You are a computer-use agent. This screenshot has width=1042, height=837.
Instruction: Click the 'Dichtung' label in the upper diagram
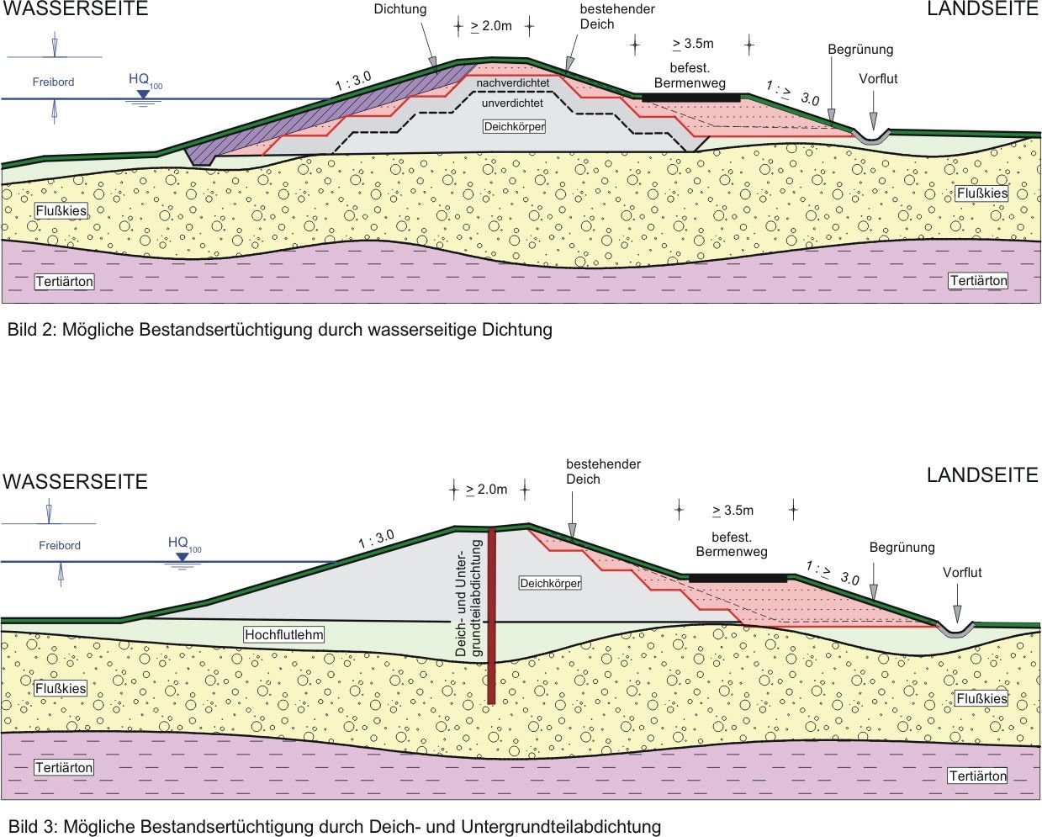400,9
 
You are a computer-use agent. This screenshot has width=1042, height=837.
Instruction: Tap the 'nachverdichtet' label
512,84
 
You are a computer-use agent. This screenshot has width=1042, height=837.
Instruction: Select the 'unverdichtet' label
512,103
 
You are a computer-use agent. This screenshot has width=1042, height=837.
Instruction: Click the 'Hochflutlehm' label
284,634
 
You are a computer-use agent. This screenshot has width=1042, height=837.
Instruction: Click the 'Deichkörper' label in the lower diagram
550,583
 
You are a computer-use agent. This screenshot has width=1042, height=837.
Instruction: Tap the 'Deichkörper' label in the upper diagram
515,127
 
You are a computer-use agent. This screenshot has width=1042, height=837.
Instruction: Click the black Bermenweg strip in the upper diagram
691,98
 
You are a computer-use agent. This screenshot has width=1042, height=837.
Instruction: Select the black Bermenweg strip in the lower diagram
738,578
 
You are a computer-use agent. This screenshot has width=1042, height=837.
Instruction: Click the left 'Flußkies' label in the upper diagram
61,210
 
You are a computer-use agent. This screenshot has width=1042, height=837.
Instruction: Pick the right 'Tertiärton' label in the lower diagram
977,776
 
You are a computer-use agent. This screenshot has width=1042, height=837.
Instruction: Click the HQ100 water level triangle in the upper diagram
143,94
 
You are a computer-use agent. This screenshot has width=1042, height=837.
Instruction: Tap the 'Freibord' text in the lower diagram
60,545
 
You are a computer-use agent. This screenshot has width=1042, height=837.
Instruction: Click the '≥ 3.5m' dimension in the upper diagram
693,44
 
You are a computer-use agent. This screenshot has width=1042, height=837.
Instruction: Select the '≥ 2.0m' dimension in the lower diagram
487,490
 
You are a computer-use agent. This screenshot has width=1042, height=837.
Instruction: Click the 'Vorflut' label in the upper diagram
878,79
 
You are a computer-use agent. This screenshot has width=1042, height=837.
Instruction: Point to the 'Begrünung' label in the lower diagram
902,548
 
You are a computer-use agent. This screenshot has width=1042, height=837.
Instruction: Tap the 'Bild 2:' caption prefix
31,330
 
